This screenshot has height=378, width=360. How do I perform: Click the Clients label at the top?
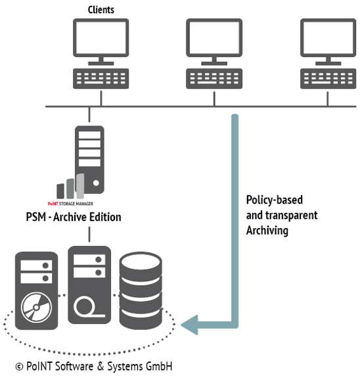click(101, 9)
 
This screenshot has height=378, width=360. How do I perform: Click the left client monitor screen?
click(101, 37)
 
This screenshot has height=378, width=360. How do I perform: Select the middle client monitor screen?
click(214, 37)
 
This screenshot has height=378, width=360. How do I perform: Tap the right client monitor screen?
click(328, 37)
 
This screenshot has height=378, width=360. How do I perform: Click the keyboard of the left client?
click(101, 78)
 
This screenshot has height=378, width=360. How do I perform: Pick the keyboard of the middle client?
click(214, 78)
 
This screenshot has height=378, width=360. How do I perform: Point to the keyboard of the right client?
click(328, 78)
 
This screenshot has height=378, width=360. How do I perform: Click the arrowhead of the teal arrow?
click(191, 324)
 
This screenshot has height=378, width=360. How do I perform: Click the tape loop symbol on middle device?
click(88, 306)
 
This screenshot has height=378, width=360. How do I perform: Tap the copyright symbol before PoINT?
click(19, 366)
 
